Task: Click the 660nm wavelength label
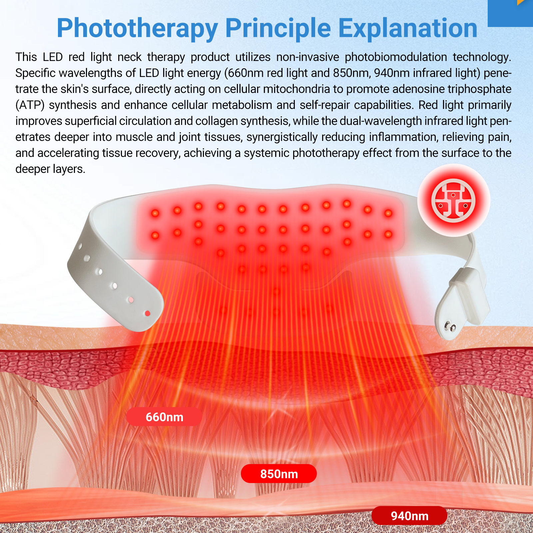pyautogui.click(x=165, y=417)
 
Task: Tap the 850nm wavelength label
pyautogui.click(x=279, y=474)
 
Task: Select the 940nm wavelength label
pyautogui.click(x=409, y=516)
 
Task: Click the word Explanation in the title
pyautogui.click(x=408, y=28)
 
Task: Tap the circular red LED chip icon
pyautogui.click(x=453, y=201)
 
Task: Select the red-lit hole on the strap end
pyautogui.click(x=148, y=313)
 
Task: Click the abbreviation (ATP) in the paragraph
pyautogui.click(x=30, y=105)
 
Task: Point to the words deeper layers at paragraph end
pyautogui.click(x=50, y=169)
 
